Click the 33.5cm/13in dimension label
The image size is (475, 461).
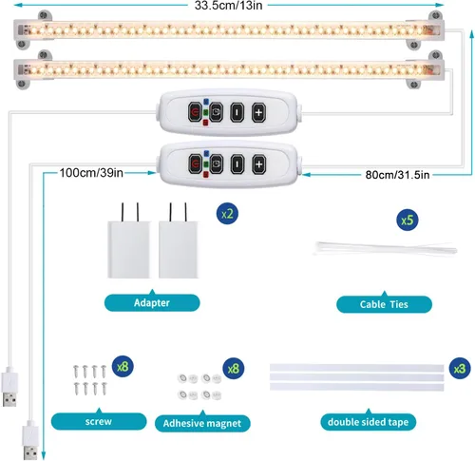[228, 6]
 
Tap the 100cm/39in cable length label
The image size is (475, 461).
[91, 173]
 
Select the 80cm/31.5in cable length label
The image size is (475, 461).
[397, 175]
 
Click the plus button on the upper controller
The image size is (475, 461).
[258, 112]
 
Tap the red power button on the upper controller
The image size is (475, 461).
[195, 112]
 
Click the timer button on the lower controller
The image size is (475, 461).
[217, 164]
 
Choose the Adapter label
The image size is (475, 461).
[152, 302]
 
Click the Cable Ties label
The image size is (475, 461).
[384, 304]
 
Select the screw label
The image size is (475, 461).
[99, 421]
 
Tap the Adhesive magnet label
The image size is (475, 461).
[202, 423]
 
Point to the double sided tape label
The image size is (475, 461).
[369, 422]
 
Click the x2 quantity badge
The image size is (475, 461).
[227, 214]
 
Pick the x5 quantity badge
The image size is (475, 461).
[408, 220]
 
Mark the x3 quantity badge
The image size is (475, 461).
[460, 369]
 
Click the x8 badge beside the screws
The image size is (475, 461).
[123, 367]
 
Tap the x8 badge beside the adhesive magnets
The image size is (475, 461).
[234, 369]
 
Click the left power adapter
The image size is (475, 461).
[128, 241]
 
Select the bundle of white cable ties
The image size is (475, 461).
[385, 248]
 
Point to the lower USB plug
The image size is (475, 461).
[30, 440]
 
